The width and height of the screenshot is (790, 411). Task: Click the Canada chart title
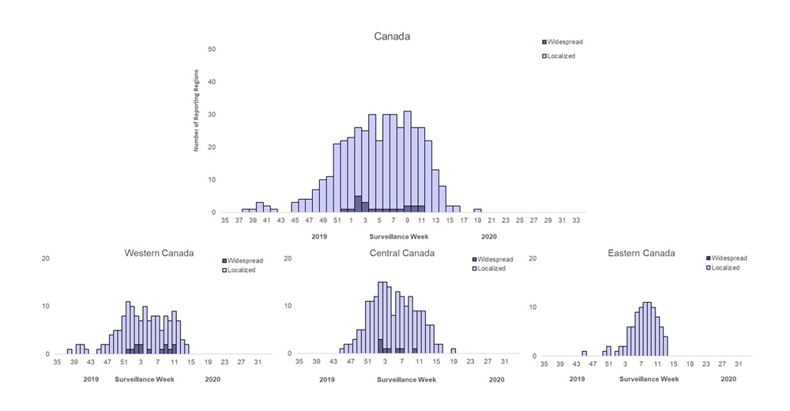point(392,36)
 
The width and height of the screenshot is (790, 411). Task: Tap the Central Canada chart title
point(402,253)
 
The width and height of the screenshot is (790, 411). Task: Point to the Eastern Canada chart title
point(641,253)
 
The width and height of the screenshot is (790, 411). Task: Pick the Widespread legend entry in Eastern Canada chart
point(727,258)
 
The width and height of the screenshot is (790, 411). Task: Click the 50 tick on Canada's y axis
point(212,49)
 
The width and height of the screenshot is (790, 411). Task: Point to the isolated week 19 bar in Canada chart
point(477,210)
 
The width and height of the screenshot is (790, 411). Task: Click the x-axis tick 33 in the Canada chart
point(577,221)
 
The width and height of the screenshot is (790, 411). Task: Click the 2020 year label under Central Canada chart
point(496,379)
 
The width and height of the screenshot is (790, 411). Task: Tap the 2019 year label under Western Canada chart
point(91,379)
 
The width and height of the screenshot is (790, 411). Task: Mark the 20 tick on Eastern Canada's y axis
point(532,258)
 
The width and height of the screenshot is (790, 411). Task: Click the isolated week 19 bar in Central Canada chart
point(453,351)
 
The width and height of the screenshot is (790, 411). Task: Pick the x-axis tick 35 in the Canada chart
point(225,221)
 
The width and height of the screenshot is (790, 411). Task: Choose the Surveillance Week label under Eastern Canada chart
point(649,379)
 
